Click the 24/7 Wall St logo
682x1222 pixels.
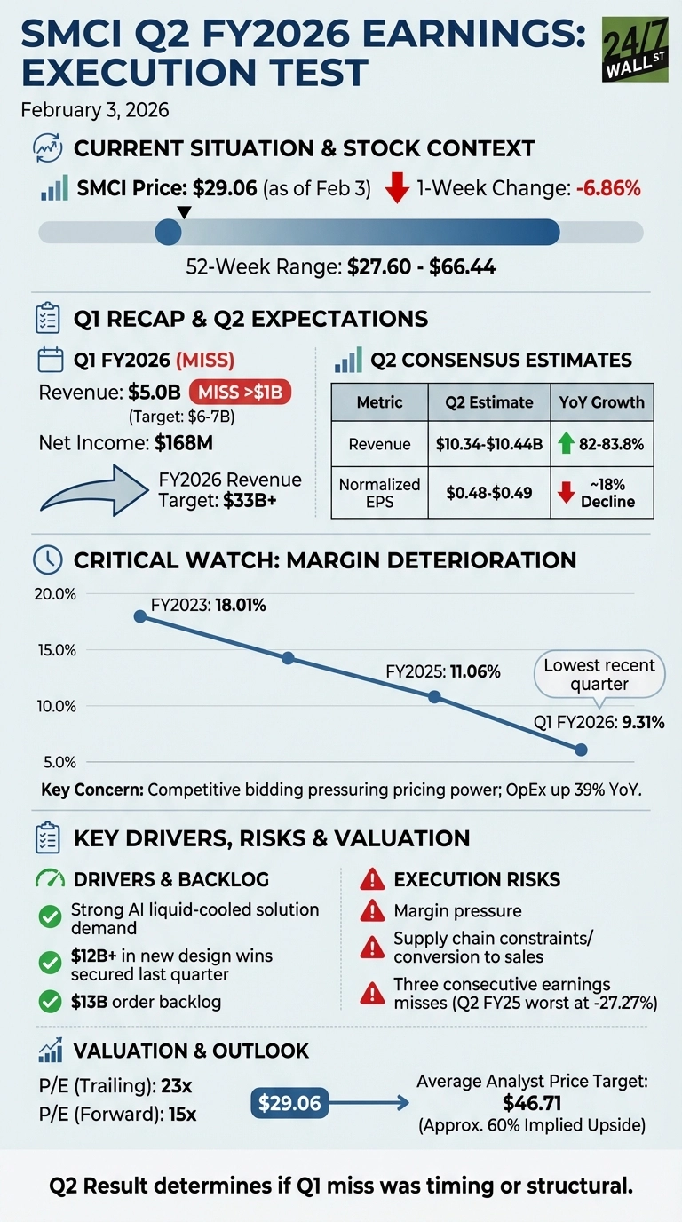pos(635,50)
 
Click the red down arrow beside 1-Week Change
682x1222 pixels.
pos(397,189)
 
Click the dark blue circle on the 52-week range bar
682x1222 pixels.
pos(168,233)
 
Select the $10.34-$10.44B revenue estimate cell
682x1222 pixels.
pos(488,444)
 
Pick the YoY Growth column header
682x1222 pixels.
pos(601,402)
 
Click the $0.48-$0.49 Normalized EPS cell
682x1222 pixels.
pos(488,493)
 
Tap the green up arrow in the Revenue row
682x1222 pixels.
pos(564,444)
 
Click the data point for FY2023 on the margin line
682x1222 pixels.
pos(139,616)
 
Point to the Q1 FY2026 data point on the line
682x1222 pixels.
pos(581,750)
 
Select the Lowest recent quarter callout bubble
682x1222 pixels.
pos(599,676)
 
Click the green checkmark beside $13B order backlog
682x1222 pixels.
pos(52,1002)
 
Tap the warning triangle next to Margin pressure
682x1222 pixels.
pos(371,911)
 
